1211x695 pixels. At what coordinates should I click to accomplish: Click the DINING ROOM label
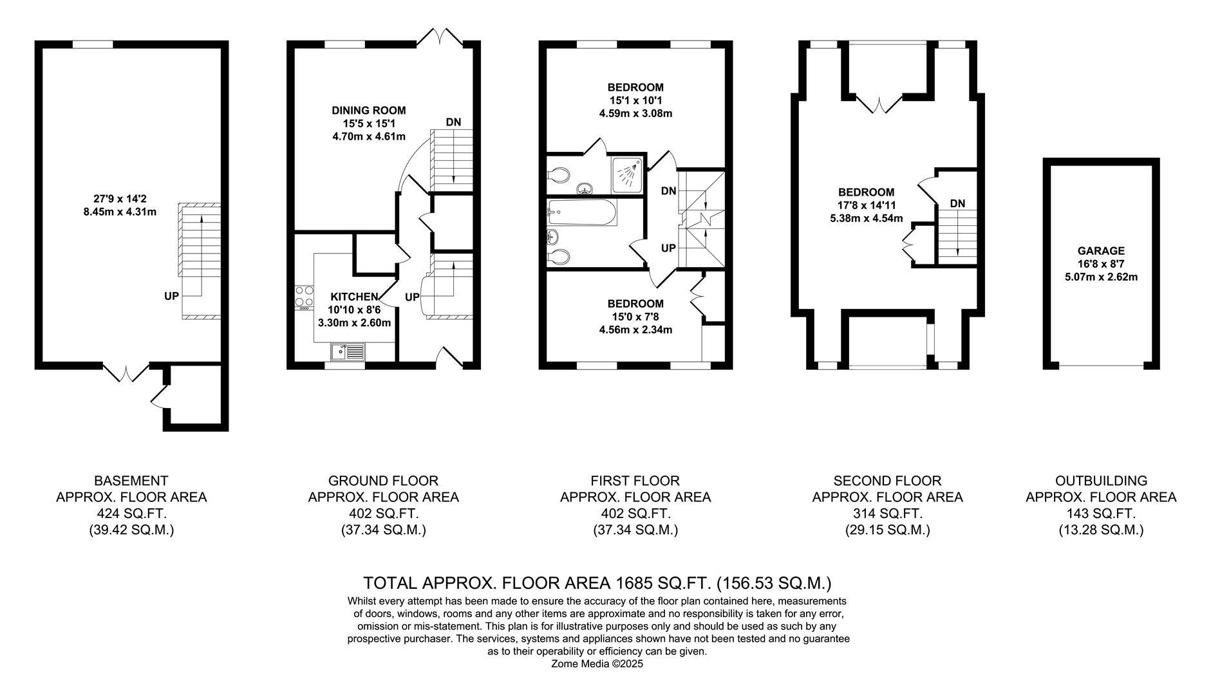point(368,111)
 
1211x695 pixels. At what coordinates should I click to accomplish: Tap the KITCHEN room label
point(353,297)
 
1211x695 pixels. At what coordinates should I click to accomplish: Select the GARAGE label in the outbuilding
point(1101,251)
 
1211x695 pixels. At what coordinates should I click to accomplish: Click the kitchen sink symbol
point(347,351)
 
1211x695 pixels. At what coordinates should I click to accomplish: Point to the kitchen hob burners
point(304,297)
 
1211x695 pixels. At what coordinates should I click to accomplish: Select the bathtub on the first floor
point(583,212)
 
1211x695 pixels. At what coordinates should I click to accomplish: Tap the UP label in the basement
point(171,296)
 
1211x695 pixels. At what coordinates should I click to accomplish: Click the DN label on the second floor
point(957,203)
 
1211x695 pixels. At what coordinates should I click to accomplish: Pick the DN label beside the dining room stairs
point(453,122)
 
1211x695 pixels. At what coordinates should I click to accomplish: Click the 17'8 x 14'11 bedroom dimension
point(866,205)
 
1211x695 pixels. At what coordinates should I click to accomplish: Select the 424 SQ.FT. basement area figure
point(131,514)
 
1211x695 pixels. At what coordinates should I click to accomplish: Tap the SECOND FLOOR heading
point(887,481)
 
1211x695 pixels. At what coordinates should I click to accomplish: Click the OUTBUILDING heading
point(1101,481)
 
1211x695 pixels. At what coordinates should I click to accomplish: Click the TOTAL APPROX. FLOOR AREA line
point(597,583)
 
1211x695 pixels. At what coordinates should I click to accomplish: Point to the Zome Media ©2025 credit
point(597,664)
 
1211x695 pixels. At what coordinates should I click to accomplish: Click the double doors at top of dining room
point(440,36)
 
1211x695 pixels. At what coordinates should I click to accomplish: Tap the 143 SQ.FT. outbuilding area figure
point(1101,514)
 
